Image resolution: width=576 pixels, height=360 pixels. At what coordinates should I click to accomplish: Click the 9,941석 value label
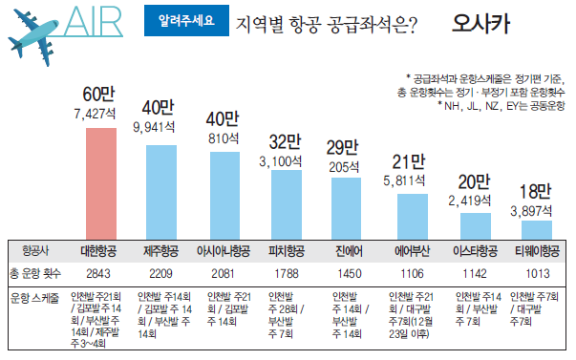click(x=158, y=125)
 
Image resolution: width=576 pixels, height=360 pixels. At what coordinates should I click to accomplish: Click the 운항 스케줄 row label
click(x=35, y=297)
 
